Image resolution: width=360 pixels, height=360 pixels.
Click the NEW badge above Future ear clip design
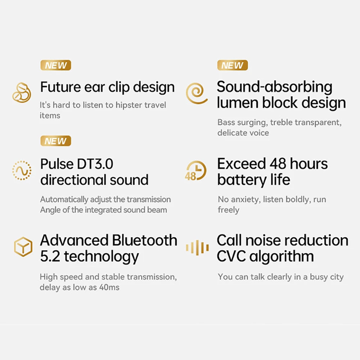55,66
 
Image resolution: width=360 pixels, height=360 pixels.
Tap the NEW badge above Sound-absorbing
233,66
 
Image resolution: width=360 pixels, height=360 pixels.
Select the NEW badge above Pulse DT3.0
55,141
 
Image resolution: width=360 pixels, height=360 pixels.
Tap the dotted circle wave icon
22,170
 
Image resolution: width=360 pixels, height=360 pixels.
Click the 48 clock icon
196,170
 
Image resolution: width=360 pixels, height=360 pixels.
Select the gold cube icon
23,247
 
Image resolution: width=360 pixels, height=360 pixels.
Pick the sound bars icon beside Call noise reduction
197,247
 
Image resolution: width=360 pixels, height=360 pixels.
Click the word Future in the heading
60,87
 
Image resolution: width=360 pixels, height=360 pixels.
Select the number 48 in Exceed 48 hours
278,164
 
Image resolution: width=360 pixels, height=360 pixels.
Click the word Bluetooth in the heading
145,240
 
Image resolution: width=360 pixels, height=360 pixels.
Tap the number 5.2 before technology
50,257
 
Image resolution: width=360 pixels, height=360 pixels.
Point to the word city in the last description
335,277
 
